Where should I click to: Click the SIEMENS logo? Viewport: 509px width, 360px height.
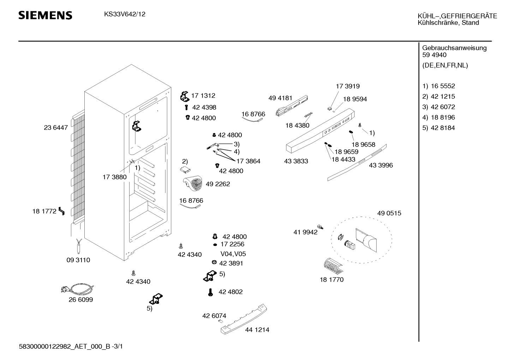point(45,15)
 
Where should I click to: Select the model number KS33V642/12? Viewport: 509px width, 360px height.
point(125,14)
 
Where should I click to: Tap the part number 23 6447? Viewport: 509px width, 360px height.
point(56,128)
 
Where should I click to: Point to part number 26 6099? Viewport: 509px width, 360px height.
point(81,300)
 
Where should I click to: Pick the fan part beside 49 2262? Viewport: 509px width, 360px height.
point(193,184)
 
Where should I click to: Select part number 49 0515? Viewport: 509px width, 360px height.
point(389,213)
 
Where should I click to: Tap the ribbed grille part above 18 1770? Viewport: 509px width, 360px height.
point(333,266)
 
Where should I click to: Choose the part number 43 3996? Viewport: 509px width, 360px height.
point(381,165)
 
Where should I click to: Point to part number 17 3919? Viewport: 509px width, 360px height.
point(347,86)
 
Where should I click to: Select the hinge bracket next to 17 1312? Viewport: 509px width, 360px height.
point(185,96)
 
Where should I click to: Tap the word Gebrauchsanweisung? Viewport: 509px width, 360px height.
point(454,48)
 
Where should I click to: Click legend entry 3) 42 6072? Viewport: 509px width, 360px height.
point(438,107)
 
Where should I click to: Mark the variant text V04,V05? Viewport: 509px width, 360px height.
point(233,254)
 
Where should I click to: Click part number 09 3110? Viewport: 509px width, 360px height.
point(78,260)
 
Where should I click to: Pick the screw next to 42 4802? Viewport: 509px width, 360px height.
point(210,292)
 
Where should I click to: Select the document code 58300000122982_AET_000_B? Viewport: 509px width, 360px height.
point(65,347)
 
